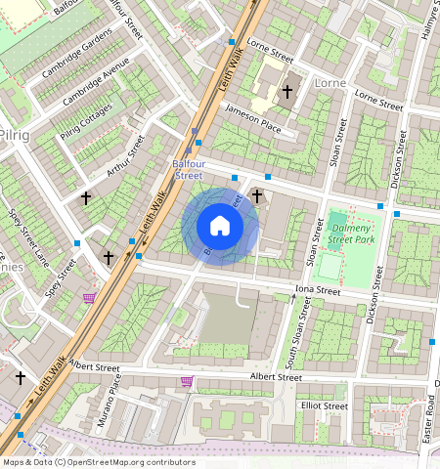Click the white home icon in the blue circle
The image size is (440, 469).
pos(220,227)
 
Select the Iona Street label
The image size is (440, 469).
pos(317,290)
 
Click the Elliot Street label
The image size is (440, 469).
pos(325,405)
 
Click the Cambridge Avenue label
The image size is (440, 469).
pos(96,86)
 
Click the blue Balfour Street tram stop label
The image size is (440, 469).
pos(188,169)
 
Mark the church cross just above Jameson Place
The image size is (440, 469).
pos(287,93)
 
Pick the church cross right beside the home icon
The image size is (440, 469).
pos(257,196)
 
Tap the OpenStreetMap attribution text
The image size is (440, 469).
pos(99,462)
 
